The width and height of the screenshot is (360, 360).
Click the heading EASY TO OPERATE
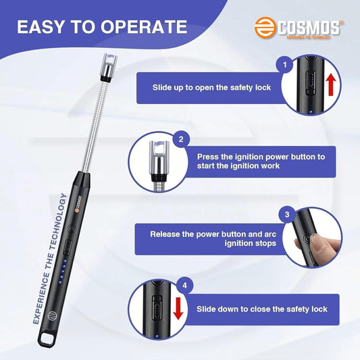(101, 27)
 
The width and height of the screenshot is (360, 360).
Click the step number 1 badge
(284, 66)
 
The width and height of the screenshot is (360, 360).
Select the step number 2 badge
(180, 140)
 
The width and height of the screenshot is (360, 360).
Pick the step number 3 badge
(287, 215)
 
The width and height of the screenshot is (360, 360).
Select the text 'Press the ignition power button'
(261, 156)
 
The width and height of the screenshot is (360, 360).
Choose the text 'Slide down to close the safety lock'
(262, 309)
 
